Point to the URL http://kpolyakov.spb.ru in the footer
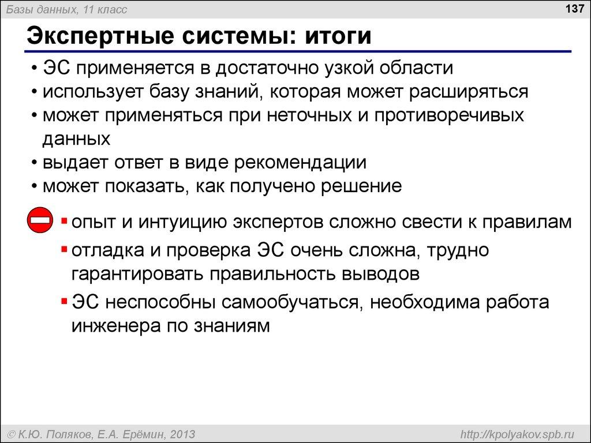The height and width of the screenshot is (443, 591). click(x=514, y=434)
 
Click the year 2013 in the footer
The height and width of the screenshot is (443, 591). click(x=179, y=434)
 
